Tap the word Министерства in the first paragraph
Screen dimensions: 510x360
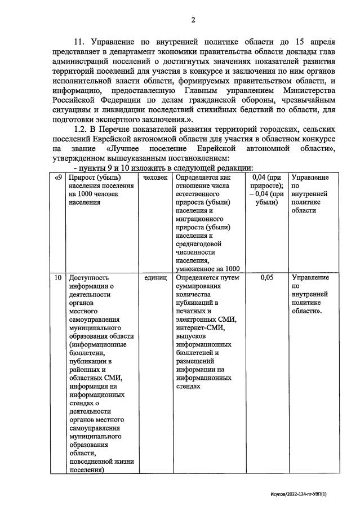pyautogui.click(x=305, y=90)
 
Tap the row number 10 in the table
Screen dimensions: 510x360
pyautogui.click(x=57, y=278)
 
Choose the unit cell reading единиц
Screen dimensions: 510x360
pyautogui.click(x=155, y=278)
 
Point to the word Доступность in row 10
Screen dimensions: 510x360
pyautogui.click(x=90, y=278)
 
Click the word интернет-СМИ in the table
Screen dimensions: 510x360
pyautogui.click(x=201, y=327)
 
